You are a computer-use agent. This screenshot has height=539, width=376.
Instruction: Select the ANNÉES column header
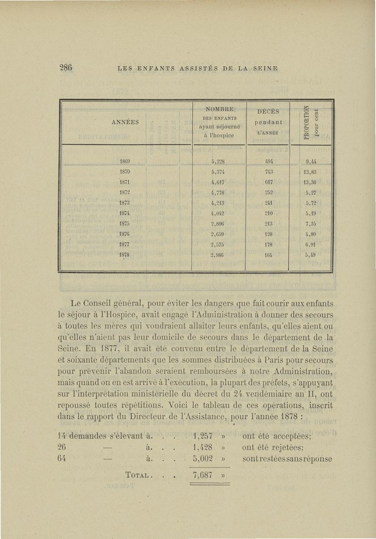click(125, 121)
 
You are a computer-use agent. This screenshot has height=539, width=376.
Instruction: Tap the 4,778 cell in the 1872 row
click(219, 193)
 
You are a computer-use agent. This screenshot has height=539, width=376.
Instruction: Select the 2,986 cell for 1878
click(219, 255)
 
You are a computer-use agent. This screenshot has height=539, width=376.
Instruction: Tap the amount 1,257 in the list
click(203, 435)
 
